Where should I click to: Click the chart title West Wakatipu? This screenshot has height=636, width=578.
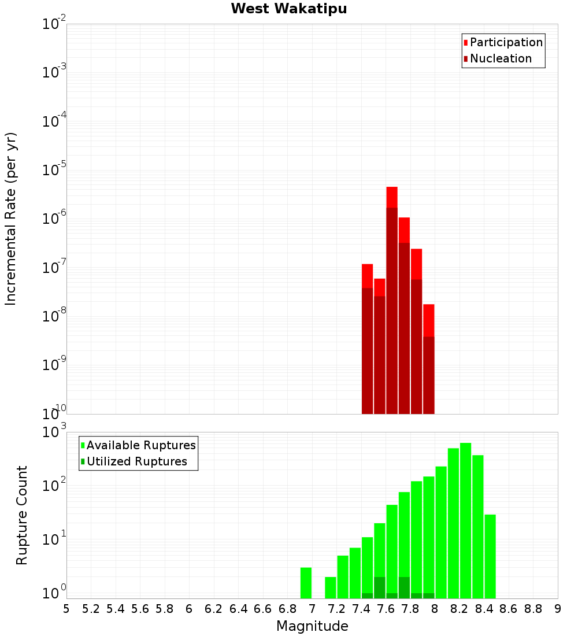pos(289,9)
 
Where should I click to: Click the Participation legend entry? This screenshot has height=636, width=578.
pos(506,43)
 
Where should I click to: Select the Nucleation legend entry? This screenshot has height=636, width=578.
pos(501,59)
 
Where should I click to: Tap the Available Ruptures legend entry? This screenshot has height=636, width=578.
pos(141,446)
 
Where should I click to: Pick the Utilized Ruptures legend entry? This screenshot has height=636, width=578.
pos(136,462)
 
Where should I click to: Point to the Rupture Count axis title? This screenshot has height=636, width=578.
pos(22,515)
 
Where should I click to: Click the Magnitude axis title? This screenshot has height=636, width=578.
pos(312,626)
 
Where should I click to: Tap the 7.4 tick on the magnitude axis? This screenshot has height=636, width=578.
pos(361,609)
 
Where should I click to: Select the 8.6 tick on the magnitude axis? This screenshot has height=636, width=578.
pos(509,609)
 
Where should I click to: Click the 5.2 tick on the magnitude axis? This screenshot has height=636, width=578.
pos(91,609)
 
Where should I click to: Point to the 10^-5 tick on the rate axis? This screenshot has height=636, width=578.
pos(53,170)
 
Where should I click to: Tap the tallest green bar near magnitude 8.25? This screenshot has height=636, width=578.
pos(465,520)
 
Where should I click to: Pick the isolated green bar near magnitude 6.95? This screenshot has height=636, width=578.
pos(306,583)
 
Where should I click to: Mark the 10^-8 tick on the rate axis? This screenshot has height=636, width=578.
pos(53,316)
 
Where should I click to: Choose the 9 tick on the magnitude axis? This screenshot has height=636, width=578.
pos(558,609)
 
